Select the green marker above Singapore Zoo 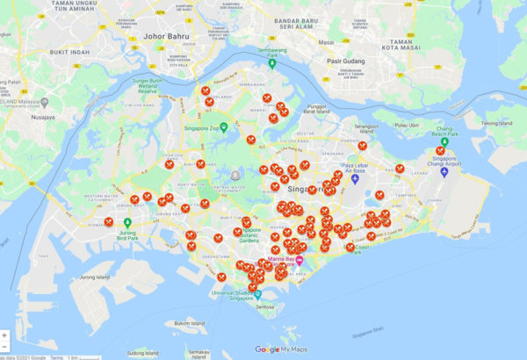[224, 128]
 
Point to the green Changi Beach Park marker [444, 143]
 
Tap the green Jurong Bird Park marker [128, 223]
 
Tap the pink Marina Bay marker [300, 262]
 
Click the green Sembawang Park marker [272, 63]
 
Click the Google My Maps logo [279, 349]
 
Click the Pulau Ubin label [405, 125]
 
